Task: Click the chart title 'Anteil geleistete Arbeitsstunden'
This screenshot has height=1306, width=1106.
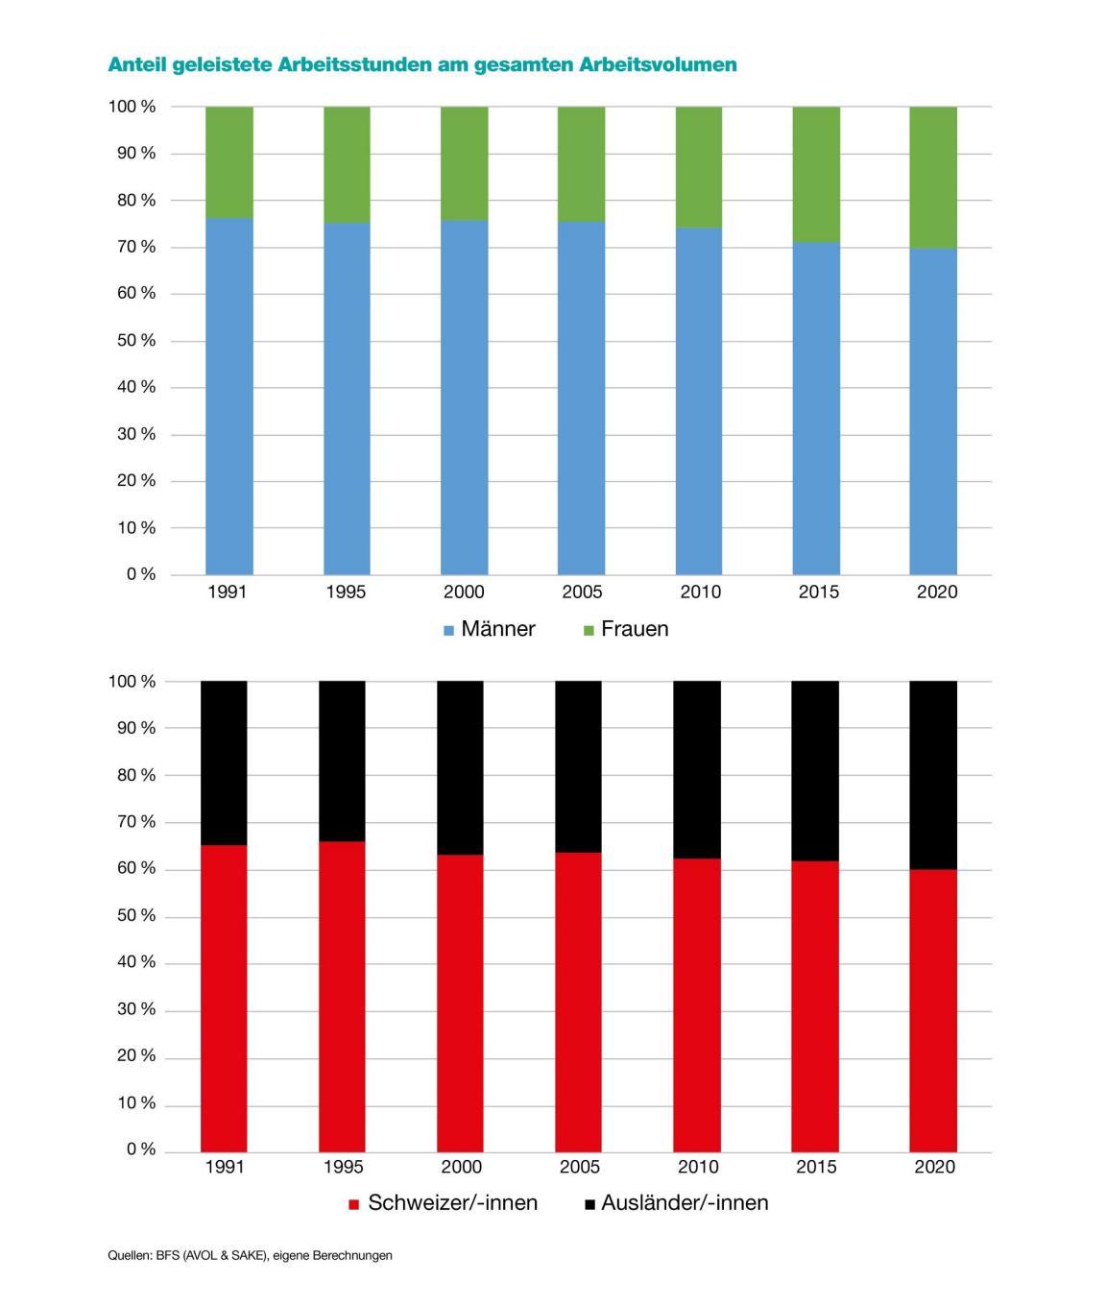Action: (x=422, y=64)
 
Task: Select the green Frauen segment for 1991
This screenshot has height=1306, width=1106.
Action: (x=229, y=161)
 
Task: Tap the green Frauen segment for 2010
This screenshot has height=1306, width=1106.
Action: (x=699, y=166)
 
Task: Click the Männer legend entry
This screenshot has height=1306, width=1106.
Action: (x=489, y=629)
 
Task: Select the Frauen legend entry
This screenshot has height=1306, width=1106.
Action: (x=625, y=629)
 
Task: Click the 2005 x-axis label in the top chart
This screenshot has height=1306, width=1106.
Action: (x=582, y=592)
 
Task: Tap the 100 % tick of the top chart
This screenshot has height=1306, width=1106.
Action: (x=132, y=107)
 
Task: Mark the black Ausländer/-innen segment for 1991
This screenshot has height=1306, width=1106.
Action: (x=224, y=762)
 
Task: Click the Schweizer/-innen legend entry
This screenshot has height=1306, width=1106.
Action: (x=443, y=1203)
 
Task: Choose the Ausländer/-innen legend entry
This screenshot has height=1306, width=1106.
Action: (x=676, y=1203)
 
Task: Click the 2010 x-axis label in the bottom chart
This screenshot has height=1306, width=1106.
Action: (x=698, y=1167)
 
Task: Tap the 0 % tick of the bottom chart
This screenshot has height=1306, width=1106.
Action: (x=140, y=1149)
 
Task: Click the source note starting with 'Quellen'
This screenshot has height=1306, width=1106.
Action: (x=250, y=1255)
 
